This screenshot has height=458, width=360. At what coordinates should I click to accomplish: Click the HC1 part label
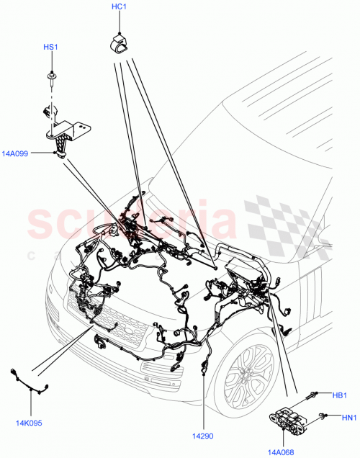click(119, 7)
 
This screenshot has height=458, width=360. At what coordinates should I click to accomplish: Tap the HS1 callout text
click(50, 48)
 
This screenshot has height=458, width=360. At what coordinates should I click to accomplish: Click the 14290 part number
click(204, 436)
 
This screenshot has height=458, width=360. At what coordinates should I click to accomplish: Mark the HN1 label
click(341, 416)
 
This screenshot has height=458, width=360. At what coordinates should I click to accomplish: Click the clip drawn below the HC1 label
click(120, 42)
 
